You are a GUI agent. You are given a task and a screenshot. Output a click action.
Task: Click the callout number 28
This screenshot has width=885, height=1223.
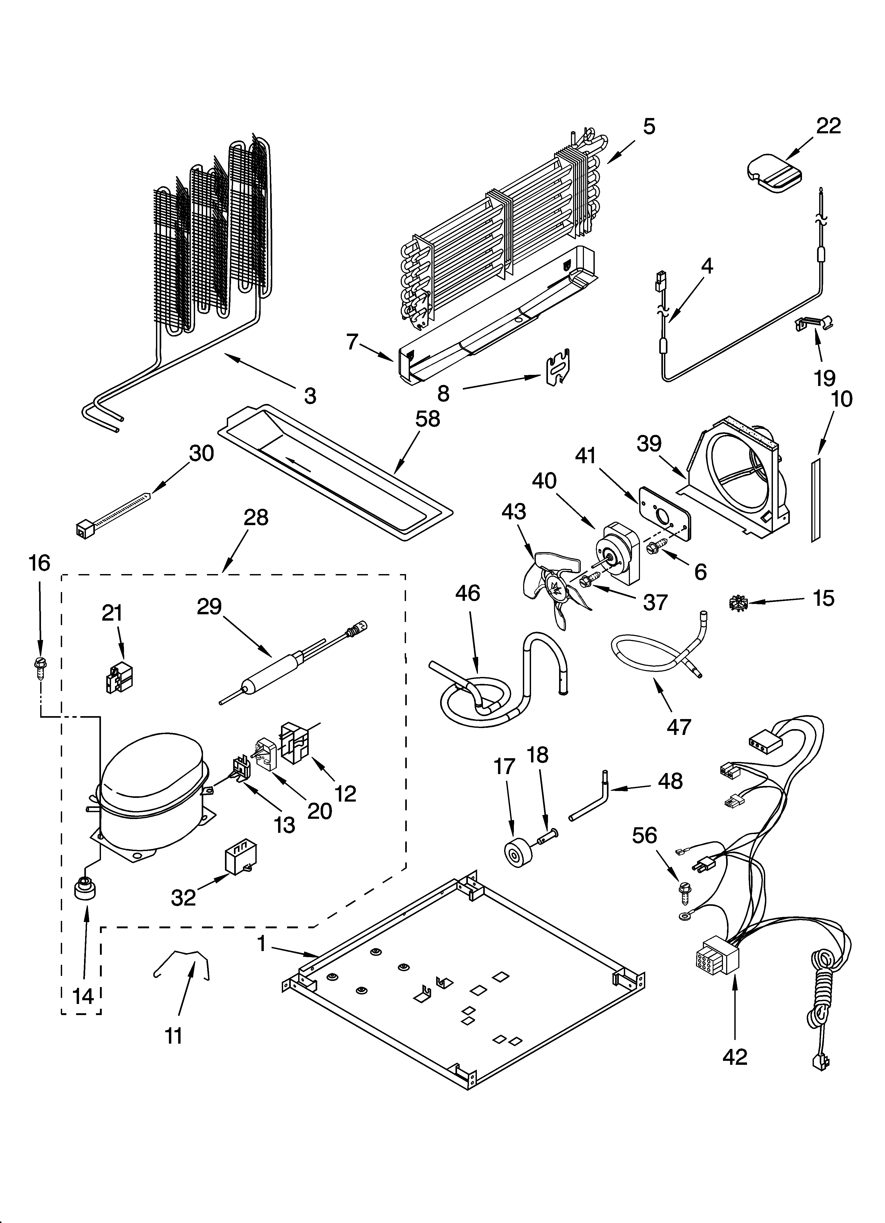(x=255, y=518)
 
